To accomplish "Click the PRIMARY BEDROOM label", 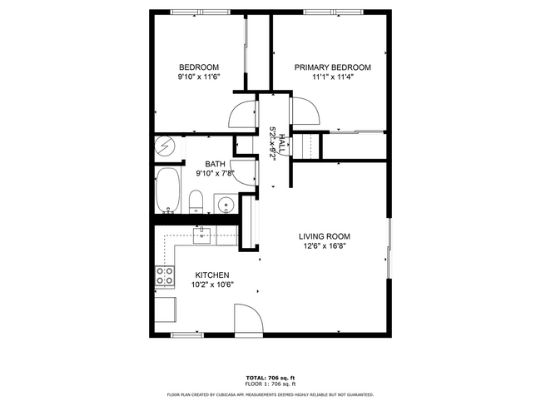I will coord(332,67).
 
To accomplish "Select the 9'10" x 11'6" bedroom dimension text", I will coord(199,77).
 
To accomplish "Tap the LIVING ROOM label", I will coord(323,236).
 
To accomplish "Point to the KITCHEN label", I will coord(212,275).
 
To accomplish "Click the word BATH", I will coord(216,164).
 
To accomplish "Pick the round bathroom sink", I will coord(224,203).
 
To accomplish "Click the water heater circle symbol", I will coord(166,148).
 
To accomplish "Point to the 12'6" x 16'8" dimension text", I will coord(323,246).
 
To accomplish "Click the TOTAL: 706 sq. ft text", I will coord(270,377).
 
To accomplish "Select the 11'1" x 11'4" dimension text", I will coord(332,77).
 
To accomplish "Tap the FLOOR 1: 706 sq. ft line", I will coord(270,384).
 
